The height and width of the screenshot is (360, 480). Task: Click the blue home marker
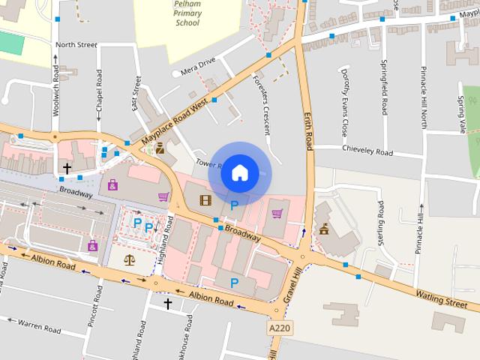click(239, 172)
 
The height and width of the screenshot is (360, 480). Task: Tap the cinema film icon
click(205, 200)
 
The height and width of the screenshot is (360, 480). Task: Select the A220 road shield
click(278, 328)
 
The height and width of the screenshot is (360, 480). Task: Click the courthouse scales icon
click(130, 259)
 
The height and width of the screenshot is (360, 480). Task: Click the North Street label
click(76, 45)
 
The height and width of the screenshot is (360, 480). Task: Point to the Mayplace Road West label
click(174, 123)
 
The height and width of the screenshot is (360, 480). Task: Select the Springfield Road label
click(384, 87)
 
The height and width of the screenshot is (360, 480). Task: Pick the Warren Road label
click(39, 327)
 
